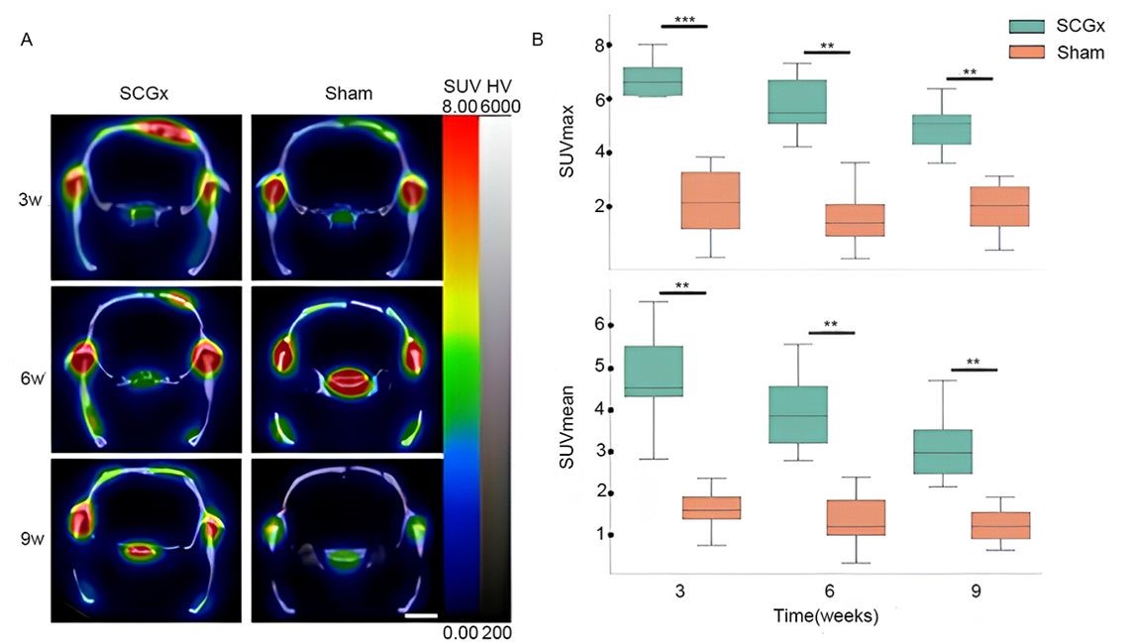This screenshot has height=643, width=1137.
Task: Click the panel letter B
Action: point(537,40)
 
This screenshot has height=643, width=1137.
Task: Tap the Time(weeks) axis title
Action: point(825,614)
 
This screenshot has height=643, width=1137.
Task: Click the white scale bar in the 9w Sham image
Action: point(421,615)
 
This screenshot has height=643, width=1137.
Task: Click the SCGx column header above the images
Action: point(146,94)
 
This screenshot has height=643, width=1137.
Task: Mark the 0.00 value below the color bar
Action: point(462,631)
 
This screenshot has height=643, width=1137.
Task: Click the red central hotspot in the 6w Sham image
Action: point(346,380)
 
